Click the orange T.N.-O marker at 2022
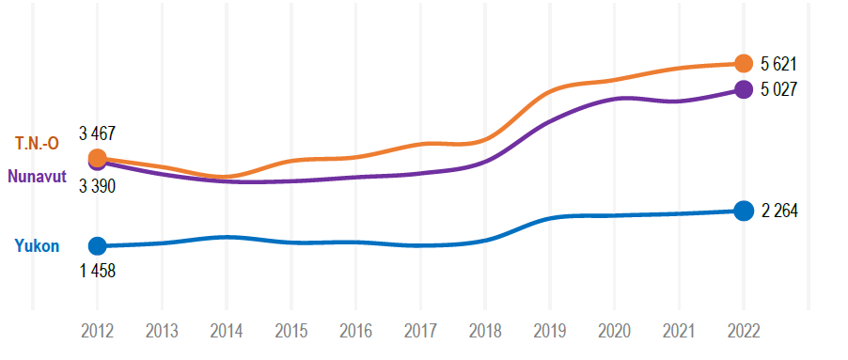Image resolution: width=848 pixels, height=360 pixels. click(743, 64)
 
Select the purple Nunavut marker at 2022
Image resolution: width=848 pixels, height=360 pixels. click(743, 89)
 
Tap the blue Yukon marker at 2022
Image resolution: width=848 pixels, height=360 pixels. click(743, 211)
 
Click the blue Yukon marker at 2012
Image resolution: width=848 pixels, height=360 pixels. click(97, 246)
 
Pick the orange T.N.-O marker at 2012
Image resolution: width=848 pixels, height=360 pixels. click(97, 158)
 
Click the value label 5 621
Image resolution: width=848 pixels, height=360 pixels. click(778, 65)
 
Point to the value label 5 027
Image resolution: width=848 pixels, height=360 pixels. click(778, 90)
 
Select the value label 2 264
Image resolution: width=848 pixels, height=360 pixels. click(779, 211)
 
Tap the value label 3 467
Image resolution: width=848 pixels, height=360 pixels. click(97, 133)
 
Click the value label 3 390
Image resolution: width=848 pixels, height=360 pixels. click(97, 186)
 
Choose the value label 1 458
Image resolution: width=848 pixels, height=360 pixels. click(97, 272)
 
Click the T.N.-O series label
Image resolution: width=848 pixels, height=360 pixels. click(37, 144)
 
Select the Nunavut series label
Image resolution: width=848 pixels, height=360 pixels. click(37, 176)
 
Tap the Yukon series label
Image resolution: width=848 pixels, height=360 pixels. click(37, 247)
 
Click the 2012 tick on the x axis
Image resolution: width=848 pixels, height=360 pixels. click(97, 331)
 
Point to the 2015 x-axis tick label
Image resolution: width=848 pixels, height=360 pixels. click(291, 331)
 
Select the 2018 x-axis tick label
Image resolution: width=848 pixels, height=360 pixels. click(484, 331)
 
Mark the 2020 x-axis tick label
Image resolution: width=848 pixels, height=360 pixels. click(614, 331)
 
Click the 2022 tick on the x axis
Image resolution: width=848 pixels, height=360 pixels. click(743, 331)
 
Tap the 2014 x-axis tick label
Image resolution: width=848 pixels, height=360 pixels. click(226, 331)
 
